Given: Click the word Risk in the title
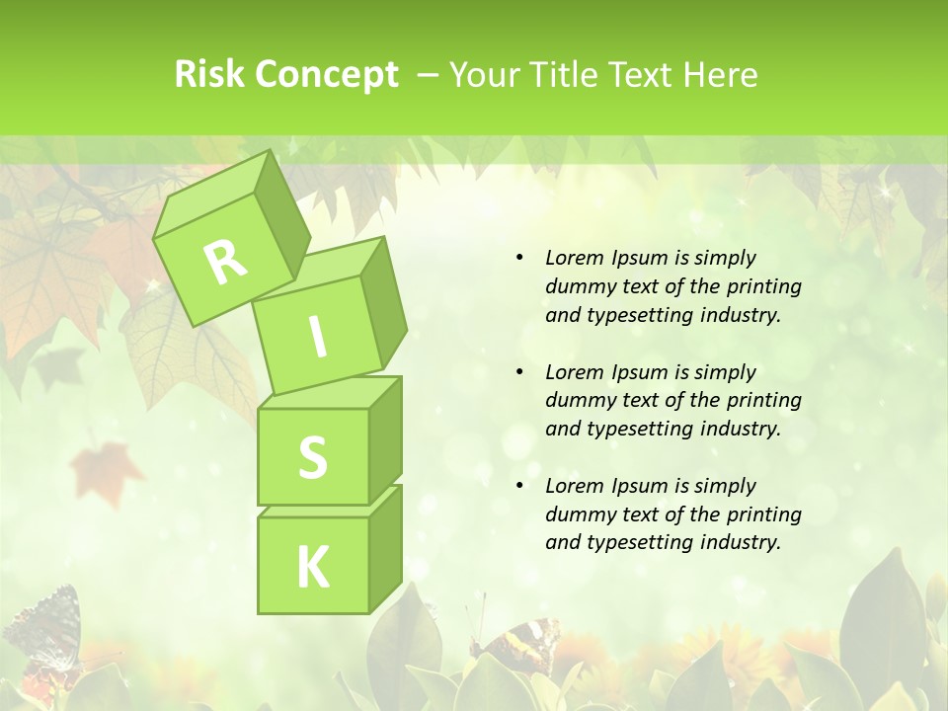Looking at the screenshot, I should coord(208,75).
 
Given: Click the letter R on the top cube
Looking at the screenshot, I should coord(225,262).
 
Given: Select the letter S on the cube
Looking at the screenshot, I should coord(312,457).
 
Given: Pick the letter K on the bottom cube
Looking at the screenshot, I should coord(312,567).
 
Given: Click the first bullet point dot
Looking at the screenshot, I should coord(519,259).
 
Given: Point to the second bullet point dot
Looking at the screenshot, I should coord(519,372).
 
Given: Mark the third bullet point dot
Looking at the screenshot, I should coord(519,486).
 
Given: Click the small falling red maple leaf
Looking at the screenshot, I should coord(106,463).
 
